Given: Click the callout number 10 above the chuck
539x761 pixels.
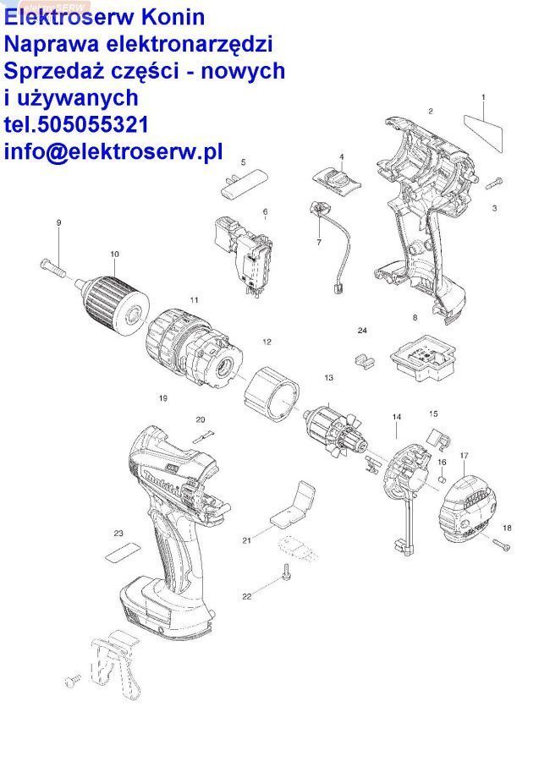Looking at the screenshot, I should click(x=114, y=254).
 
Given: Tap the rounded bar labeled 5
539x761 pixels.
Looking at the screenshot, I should click(x=243, y=183).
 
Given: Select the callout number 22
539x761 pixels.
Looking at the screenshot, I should click(x=247, y=597).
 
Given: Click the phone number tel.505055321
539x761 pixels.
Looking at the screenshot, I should click(x=76, y=126).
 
